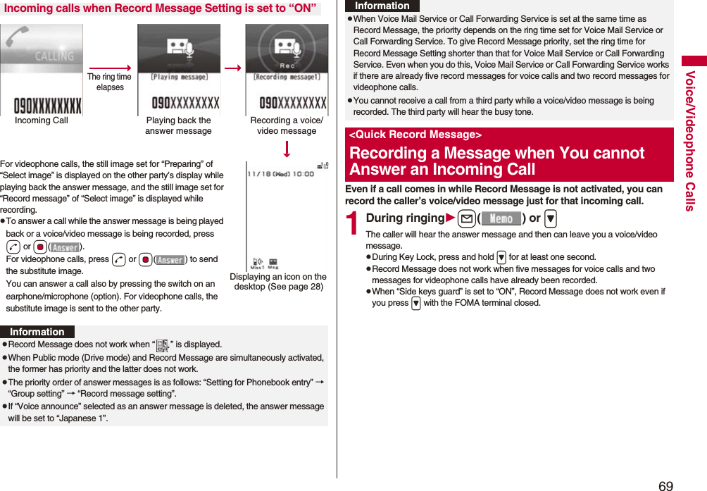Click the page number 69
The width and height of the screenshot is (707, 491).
(x=665, y=485)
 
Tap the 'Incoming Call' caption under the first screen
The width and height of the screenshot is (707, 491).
(x=42, y=120)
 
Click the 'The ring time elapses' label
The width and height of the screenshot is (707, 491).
(x=109, y=82)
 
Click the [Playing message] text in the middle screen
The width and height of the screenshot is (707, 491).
(x=179, y=77)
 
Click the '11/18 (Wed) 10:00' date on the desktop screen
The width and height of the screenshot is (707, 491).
(x=280, y=173)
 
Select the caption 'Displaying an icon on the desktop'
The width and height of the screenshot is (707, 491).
(x=279, y=282)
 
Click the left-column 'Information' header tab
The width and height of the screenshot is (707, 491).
(x=37, y=332)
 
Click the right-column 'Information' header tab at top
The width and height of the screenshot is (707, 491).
(x=382, y=6)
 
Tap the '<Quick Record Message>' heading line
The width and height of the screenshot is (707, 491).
(x=415, y=135)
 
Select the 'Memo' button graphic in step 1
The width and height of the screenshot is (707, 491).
(x=501, y=219)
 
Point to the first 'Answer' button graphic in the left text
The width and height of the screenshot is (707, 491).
(x=65, y=247)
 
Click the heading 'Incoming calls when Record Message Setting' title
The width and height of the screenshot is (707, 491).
(x=160, y=8)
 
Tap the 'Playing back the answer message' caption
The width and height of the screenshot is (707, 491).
(x=178, y=125)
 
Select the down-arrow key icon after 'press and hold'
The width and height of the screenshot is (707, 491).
(x=501, y=258)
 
